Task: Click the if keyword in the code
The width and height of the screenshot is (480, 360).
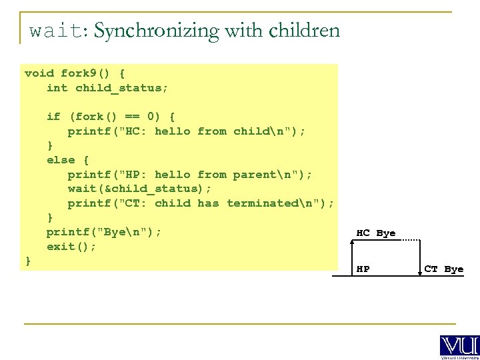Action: tap(53, 117)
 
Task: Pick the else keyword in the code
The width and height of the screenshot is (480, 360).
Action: tap(61, 160)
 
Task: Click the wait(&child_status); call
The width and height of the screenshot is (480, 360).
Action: tap(139, 189)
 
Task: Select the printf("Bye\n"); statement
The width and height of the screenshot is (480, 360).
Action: tap(103, 232)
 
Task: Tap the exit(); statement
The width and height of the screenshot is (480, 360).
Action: tap(71, 247)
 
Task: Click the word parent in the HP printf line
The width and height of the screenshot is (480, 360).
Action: tap(254, 175)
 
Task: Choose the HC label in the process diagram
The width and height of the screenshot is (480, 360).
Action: tap(363, 233)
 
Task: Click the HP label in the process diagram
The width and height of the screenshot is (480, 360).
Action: tap(363, 269)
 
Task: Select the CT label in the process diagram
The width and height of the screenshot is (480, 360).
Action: tap(431, 269)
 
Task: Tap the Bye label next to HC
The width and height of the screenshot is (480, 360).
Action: tap(386, 233)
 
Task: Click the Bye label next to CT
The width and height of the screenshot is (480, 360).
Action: tap(454, 269)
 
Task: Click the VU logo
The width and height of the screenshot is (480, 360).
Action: tap(459, 346)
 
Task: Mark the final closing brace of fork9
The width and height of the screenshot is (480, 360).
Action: tap(28, 261)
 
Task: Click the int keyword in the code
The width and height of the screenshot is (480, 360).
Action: tap(57, 88)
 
